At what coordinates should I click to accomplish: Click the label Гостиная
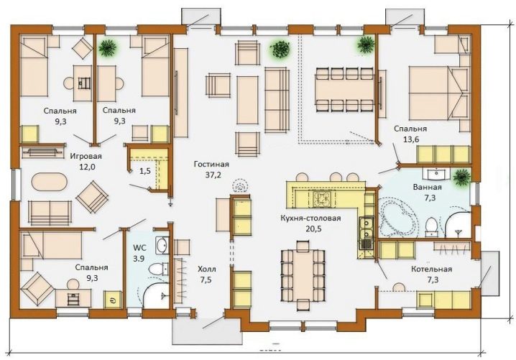click(211, 164)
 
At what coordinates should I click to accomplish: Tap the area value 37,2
click(213, 175)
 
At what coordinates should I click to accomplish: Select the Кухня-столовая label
click(310, 218)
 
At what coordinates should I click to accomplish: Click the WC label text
click(140, 247)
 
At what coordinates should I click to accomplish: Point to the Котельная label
click(431, 269)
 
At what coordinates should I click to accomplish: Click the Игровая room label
click(86, 156)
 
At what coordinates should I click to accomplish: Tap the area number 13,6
click(411, 139)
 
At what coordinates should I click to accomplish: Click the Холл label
click(207, 269)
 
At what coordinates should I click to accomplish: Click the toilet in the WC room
click(158, 269)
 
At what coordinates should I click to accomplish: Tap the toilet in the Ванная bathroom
click(430, 226)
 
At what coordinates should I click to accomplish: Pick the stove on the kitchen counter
click(320, 198)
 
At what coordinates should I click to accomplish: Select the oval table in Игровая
click(49, 181)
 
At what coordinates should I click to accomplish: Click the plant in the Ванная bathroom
click(461, 177)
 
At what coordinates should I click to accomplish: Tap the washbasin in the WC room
click(161, 245)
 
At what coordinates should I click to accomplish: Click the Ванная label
click(427, 188)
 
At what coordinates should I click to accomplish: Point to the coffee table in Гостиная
click(247, 100)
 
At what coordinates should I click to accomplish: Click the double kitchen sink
click(366, 229)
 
